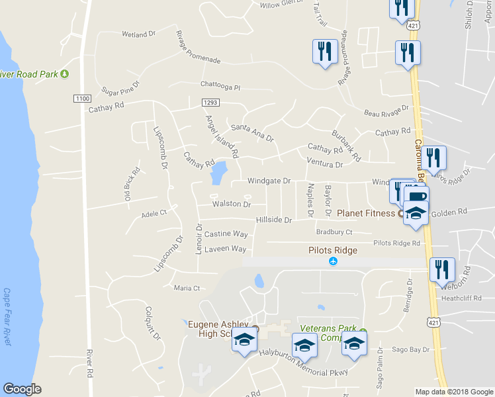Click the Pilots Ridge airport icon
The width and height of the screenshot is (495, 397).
click(334, 263)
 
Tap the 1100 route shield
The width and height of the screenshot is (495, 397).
click(81, 99)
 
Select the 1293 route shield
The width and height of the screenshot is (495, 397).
click(210, 102)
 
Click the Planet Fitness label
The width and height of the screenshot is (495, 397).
click(366, 213)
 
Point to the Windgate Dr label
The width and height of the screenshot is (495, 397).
click(269, 181)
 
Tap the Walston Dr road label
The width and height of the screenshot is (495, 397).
click(231, 204)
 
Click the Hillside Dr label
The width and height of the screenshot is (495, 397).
click(274, 220)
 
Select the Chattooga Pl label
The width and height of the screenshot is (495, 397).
click(220, 85)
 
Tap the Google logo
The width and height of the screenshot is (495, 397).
click(22, 389)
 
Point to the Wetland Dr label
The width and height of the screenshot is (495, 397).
click(138, 32)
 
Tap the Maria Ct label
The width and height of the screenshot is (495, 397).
click(187, 288)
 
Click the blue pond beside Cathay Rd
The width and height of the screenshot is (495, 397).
click(217, 174)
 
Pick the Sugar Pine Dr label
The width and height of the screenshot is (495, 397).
click(120, 88)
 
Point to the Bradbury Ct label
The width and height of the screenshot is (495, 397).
click(334, 232)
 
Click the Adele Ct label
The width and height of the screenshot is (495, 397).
click(154, 214)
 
